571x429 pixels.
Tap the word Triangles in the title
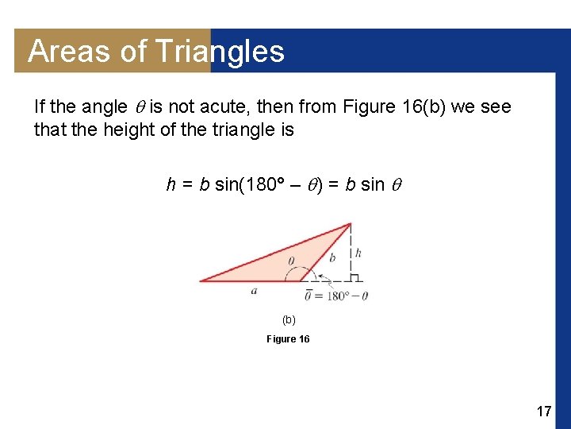[x=219, y=52]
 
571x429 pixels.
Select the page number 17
[x=543, y=412]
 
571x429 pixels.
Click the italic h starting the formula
[x=171, y=185]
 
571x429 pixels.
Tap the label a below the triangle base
[x=254, y=291]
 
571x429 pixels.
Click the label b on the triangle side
[x=332, y=257]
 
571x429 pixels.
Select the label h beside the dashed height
[x=358, y=253]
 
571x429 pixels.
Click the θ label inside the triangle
[x=290, y=260]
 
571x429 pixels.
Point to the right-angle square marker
[x=355, y=276]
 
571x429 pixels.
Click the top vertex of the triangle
[x=350, y=224]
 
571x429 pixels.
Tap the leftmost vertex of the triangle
[x=201, y=280]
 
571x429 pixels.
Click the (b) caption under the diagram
[x=289, y=319]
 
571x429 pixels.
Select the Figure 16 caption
[x=288, y=339]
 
